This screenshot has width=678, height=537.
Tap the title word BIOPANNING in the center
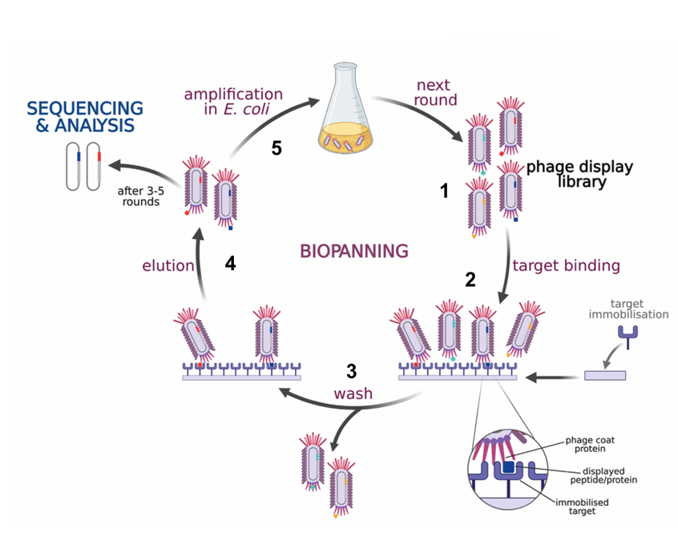[353, 251]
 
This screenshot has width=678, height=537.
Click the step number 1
[444, 191]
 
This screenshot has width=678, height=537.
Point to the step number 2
[470, 280]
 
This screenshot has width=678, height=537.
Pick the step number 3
[351, 371]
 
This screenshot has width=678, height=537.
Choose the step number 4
[231, 264]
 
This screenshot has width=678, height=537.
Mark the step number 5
[276, 150]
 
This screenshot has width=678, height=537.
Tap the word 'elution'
[168, 265]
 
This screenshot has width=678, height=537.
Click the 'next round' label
[435, 92]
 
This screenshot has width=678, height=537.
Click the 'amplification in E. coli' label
[233, 102]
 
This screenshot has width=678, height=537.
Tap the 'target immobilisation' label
[639, 309]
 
